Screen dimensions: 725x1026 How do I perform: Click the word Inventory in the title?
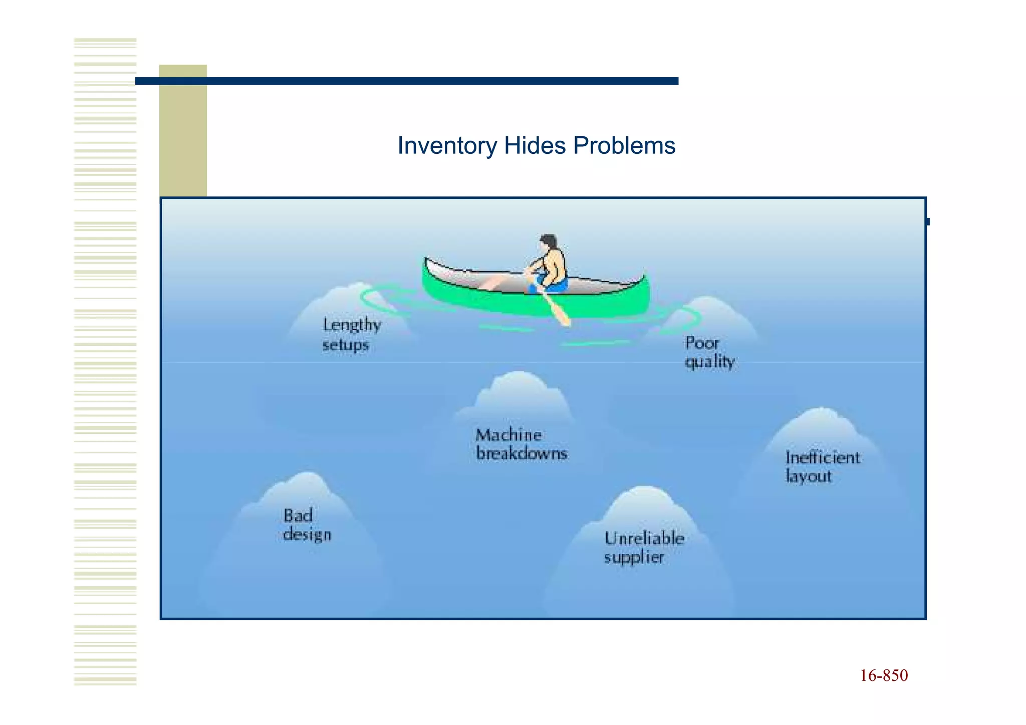point(446,146)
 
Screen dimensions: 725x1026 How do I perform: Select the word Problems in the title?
point(624,146)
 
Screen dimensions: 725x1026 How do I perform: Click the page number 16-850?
point(884,675)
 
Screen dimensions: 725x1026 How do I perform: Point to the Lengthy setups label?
point(351,335)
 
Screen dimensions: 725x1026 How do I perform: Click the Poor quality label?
point(709,352)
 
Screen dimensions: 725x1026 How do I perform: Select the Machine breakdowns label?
point(521,444)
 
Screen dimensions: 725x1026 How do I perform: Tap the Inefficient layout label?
point(822,466)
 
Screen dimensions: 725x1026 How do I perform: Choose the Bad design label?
point(307,525)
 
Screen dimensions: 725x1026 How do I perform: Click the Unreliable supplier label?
point(644,548)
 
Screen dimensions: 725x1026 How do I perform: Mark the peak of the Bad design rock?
point(307,473)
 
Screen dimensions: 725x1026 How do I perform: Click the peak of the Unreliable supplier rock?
point(645,488)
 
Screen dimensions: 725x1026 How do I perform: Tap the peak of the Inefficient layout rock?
point(821,409)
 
